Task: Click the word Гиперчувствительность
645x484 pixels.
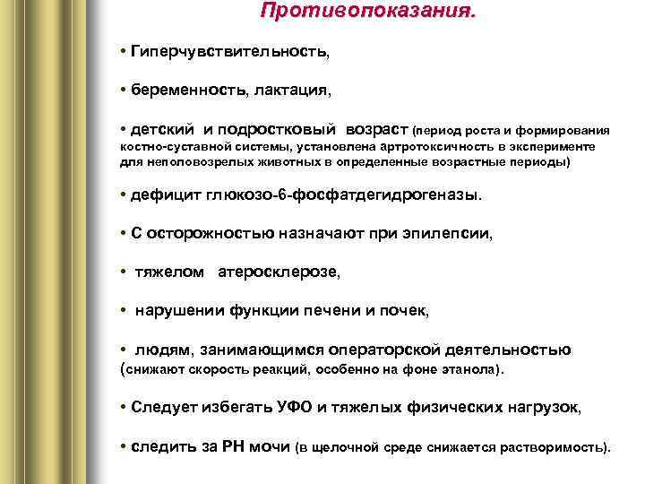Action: point(228,53)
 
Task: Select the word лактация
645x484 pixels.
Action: point(291,91)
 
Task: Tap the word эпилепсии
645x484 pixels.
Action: point(453,232)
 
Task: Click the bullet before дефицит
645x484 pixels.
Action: point(123,194)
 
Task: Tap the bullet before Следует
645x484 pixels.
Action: point(123,407)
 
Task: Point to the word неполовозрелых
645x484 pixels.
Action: point(188,162)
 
